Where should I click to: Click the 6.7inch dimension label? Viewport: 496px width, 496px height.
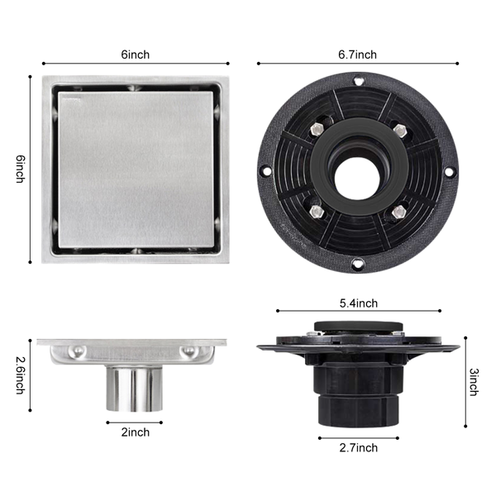pyautogui.click(x=357, y=55)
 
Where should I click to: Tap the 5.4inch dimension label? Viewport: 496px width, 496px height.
pyautogui.click(x=359, y=303)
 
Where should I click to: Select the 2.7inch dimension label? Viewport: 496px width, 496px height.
pyautogui.click(x=359, y=448)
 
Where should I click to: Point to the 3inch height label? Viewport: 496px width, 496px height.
pyautogui.click(x=474, y=382)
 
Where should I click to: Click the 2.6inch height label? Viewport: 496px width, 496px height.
pyautogui.click(x=21, y=375)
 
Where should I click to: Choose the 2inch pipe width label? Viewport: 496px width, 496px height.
pyautogui.click(x=136, y=432)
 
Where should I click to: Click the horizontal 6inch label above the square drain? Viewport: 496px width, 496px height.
pyautogui.click(x=136, y=55)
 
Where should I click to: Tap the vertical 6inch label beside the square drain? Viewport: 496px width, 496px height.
pyautogui.click(x=21, y=169)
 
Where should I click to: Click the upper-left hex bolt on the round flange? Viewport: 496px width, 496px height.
pyautogui.click(x=317, y=129)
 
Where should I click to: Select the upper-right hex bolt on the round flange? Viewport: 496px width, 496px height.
pyautogui.click(x=400, y=130)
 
